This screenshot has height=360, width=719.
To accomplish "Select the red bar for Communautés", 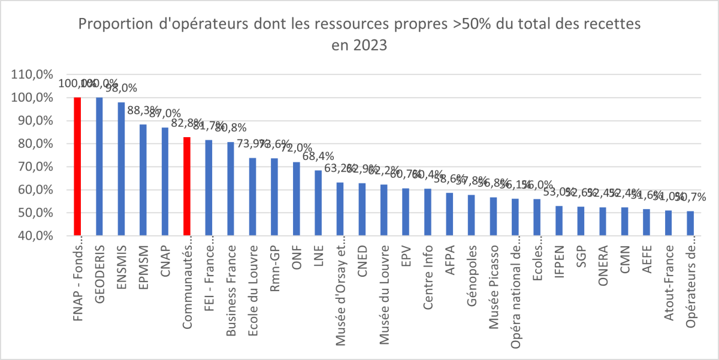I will [x=187, y=186].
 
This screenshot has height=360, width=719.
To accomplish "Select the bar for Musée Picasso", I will [x=493, y=216].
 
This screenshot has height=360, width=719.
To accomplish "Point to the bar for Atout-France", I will [x=669, y=223].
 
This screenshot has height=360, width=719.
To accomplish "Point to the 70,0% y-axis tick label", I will [x=37, y=167].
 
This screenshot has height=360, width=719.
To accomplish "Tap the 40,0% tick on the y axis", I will [x=37, y=236].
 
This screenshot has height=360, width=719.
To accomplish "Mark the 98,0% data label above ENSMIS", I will [x=121, y=88].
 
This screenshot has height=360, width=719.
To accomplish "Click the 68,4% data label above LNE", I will [x=318, y=156].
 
